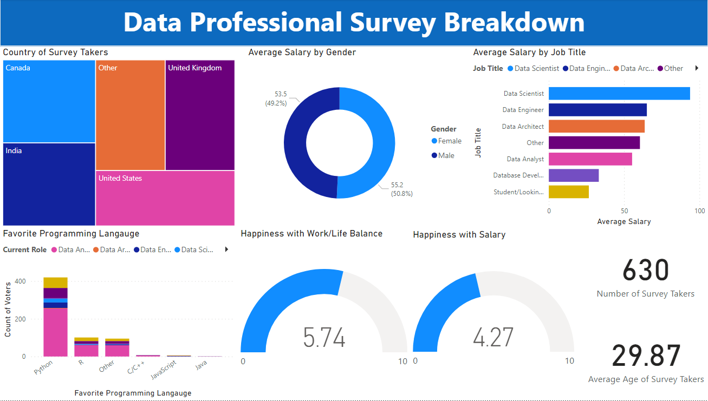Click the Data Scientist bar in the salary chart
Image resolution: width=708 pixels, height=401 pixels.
tap(619, 94)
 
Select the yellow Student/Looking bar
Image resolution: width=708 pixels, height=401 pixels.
tap(568, 192)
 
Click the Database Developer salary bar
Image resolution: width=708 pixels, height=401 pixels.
tap(573, 175)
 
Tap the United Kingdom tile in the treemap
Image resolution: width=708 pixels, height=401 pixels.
tap(200, 115)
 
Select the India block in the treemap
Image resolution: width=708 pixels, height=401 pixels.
tap(49, 184)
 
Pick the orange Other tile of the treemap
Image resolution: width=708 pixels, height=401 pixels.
tap(130, 115)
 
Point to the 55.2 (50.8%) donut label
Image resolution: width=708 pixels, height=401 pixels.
tap(401, 189)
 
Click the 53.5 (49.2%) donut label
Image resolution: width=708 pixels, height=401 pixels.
tap(276, 98)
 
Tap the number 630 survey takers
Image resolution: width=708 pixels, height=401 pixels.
tap(645, 270)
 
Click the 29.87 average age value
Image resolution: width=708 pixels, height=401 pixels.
tap(646, 356)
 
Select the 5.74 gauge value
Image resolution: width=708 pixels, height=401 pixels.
tap(324, 338)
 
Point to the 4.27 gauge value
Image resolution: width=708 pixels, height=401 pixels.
tap(493, 338)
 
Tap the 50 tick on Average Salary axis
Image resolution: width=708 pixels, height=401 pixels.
tap(625, 211)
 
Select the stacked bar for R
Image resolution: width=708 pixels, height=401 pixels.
tap(86, 347)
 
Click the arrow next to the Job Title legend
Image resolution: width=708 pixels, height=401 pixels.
tap(697, 68)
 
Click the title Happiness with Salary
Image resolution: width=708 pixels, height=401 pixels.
tap(459, 235)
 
